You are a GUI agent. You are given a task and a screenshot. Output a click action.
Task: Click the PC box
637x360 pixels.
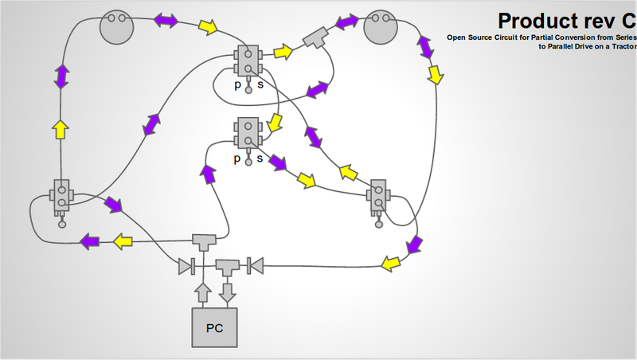(x=214, y=327)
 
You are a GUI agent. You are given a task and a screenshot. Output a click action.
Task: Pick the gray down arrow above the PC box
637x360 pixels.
(x=229, y=292)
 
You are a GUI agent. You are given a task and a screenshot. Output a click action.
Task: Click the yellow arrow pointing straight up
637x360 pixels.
(x=60, y=129)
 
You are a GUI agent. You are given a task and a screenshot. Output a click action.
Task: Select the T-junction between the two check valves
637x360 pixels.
(x=229, y=265)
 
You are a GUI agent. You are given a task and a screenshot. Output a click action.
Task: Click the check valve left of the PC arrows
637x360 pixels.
(x=188, y=265)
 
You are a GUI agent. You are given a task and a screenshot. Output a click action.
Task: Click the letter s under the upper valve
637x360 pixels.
(x=260, y=84)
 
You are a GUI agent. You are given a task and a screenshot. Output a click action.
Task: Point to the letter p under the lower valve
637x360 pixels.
(x=236, y=158)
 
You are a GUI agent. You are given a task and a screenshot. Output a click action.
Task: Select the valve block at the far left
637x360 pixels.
(x=61, y=196)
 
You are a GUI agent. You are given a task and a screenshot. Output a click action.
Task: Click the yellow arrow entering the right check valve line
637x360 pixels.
(x=389, y=263)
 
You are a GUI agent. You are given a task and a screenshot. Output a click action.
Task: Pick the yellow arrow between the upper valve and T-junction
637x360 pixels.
(x=283, y=53)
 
